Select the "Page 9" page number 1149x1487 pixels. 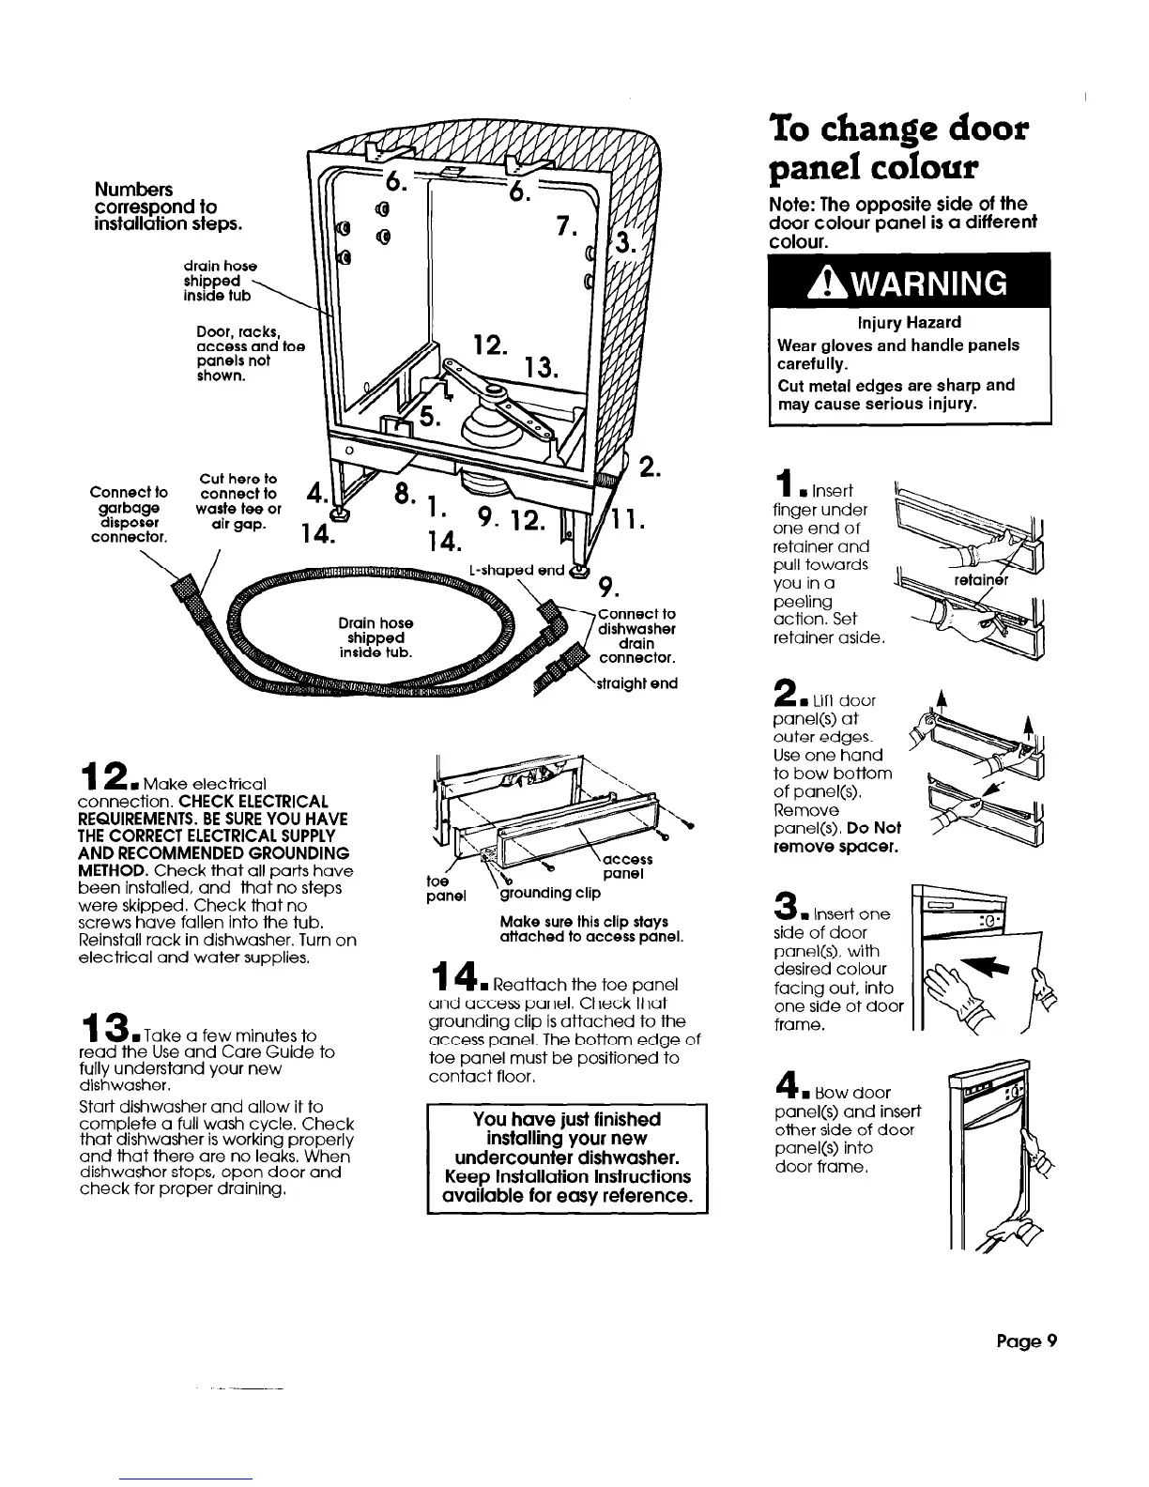1027,1341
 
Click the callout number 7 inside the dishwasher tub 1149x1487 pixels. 564,225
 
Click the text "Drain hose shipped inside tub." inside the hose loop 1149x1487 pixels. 377,637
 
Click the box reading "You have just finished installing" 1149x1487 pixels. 567,1157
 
